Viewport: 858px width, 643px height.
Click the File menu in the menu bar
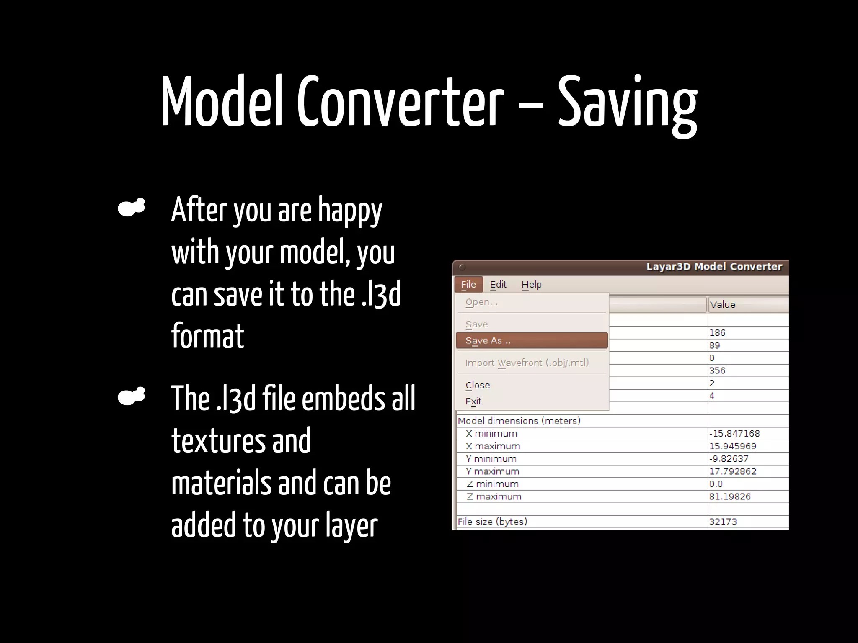[x=468, y=285]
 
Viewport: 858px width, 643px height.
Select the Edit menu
[x=498, y=285]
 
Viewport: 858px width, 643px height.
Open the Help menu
[x=531, y=285]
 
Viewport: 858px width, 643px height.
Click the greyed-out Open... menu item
[x=482, y=302]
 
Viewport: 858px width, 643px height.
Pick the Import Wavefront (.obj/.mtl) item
[x=527, y=363]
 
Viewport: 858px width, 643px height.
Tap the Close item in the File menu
[x=478, y=385]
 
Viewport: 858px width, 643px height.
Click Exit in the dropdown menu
[x=473, y=401]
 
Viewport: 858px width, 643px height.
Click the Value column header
[x=722, y=305]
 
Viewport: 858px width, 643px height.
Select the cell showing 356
[x=717, y=371]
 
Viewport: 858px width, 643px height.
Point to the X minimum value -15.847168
[x=734, y=434]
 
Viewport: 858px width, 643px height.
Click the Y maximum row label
[x=493, y=471]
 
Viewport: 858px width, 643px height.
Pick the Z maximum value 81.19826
[x=730, y=497]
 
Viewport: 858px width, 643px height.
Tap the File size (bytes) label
[x=492, y=522]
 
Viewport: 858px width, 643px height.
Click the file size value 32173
[x=723, y=522]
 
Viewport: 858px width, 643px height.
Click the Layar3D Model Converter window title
[x=714, y=267]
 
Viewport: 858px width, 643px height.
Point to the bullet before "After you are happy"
[x=132, y=208]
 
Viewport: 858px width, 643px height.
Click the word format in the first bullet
[x=207, y=336]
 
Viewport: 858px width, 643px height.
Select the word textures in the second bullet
[x=218, y=441]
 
